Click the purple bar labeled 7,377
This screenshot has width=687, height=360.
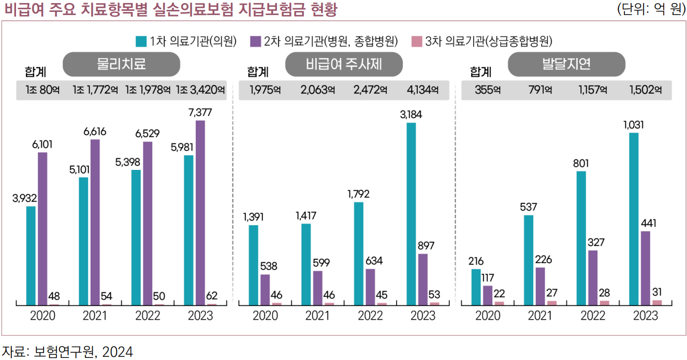click(200, 212)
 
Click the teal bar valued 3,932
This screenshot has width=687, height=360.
click(31, 255)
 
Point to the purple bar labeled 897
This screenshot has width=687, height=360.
click(423, 279)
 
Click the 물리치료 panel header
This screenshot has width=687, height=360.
click(121, 64)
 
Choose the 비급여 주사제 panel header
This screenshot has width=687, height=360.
click(344, 64)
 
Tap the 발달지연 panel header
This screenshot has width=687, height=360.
click(566, 64)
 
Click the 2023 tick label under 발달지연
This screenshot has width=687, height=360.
click(645, 315)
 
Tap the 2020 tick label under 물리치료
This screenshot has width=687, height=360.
click(43, 315)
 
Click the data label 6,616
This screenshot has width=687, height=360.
click(95, 132)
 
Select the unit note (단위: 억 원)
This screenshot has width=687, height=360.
click(651, 9)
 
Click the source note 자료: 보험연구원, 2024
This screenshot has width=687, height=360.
click(67, 352)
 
